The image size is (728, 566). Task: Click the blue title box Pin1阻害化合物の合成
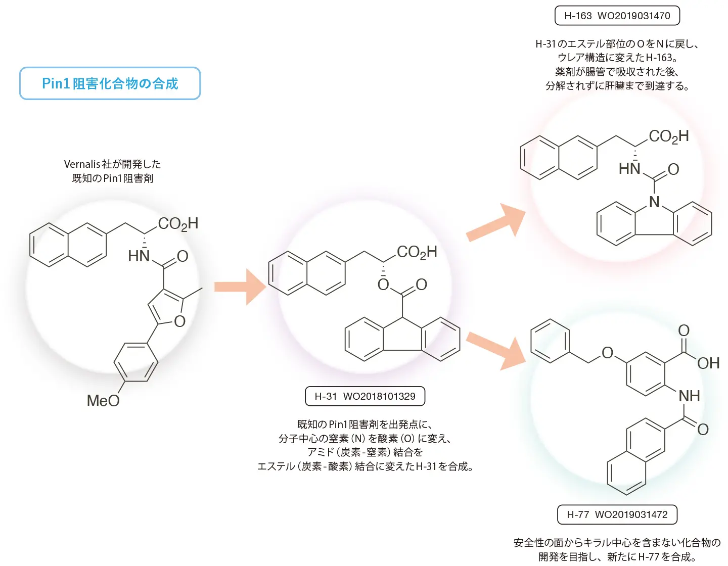click(110, 83)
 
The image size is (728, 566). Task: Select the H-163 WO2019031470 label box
click(617, 16)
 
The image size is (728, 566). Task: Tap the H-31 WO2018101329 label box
click(365, 396)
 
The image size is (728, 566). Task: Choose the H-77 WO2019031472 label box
click(617, 514)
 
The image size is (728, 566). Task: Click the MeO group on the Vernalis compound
click(103, 401)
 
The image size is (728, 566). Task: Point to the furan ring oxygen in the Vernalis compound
click(180, 321)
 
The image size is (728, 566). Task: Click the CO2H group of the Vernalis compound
click(178, 224)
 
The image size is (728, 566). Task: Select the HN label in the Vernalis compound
click(139, 256)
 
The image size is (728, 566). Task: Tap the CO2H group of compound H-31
click(417, 252)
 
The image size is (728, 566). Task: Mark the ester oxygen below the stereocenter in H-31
click(383, 285)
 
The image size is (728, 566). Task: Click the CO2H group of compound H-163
click(669, 136)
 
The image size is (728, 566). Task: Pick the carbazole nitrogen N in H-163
click(654, 202)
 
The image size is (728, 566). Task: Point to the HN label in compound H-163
click(629, 169)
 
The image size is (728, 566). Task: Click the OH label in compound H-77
click(708, 363)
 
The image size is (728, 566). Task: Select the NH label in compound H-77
click(689, 396)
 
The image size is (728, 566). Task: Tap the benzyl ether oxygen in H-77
click(607, 353)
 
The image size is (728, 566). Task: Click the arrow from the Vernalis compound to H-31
click(240, 287)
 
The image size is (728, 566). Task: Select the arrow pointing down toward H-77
click(496, 351)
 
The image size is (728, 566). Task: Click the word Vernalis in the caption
click(82, 164)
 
